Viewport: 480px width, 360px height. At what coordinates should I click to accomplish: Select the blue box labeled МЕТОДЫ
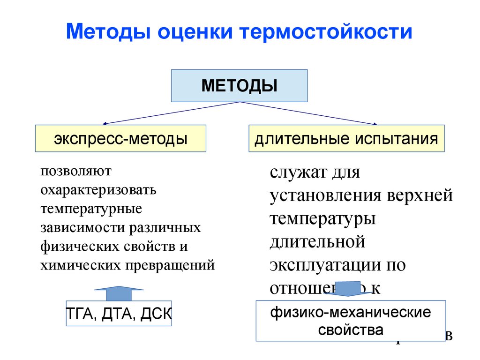[x=239, y=86]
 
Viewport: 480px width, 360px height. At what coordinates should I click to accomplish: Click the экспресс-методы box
[x=120, y=138]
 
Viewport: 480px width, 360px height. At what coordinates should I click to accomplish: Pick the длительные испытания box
[x=346, y=138]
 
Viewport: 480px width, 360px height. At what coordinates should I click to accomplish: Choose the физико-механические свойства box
[x=351, y=321]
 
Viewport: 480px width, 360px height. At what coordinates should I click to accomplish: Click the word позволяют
[x=75, y=171]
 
